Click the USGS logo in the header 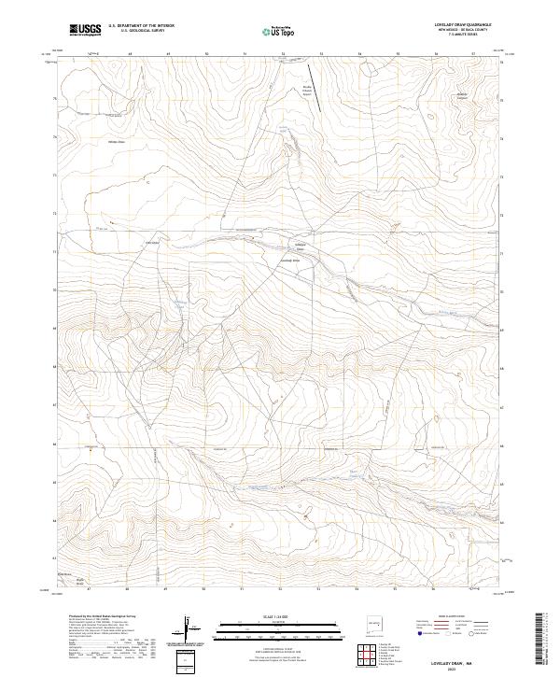(x=85, y=30)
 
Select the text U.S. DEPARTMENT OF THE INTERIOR (x=141, y=26)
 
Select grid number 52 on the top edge (x=282, y=55)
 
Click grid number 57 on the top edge (x=474, y=55)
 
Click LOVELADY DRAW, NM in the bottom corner (x=458, y=659)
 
